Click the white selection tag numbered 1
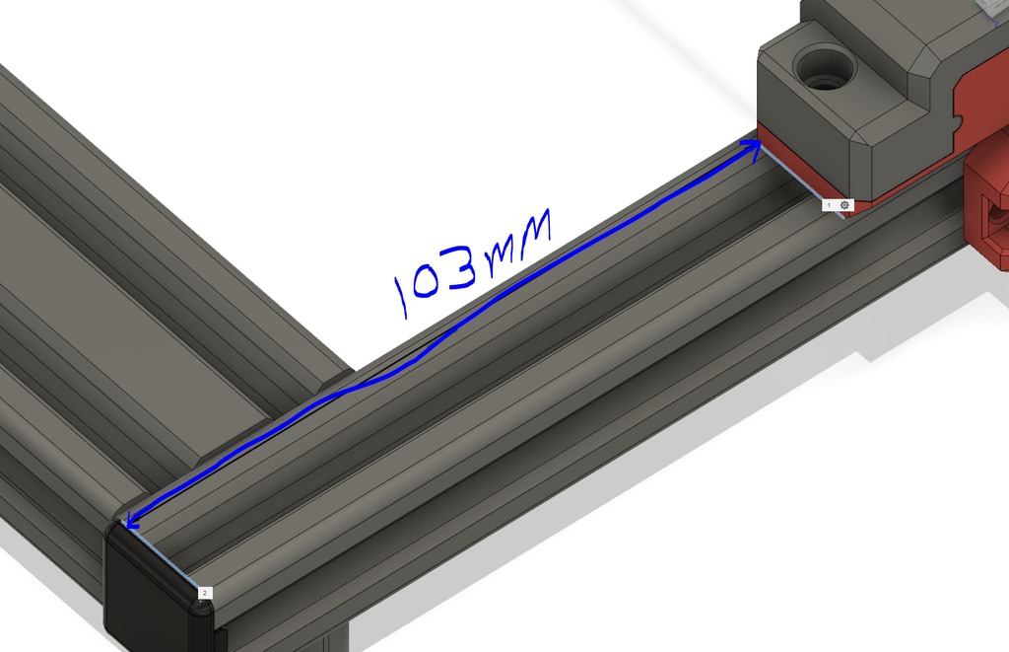click(x=829, y=204)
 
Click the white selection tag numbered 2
click(x=204, y=593)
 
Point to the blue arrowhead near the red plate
click(x=753, y=147)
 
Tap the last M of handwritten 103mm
click(x=526, y=237)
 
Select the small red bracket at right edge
click(x=987, y=212)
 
